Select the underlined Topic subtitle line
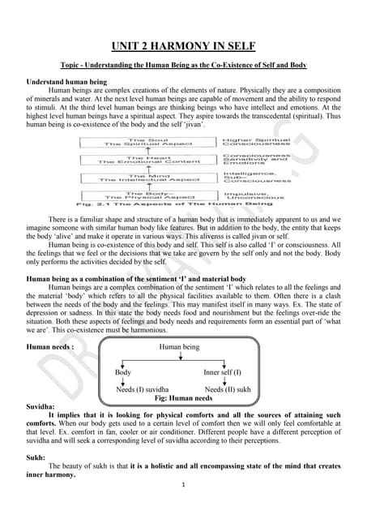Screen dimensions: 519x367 pyautogui.click(x=183, y=63)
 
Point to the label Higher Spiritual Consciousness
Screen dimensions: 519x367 pyautogui.click(x=252, y=141)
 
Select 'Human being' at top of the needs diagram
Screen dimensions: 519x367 pyautogui.click(x=181, y=346)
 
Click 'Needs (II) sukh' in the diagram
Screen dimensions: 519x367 pyautogui.click(x=228, y=390)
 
